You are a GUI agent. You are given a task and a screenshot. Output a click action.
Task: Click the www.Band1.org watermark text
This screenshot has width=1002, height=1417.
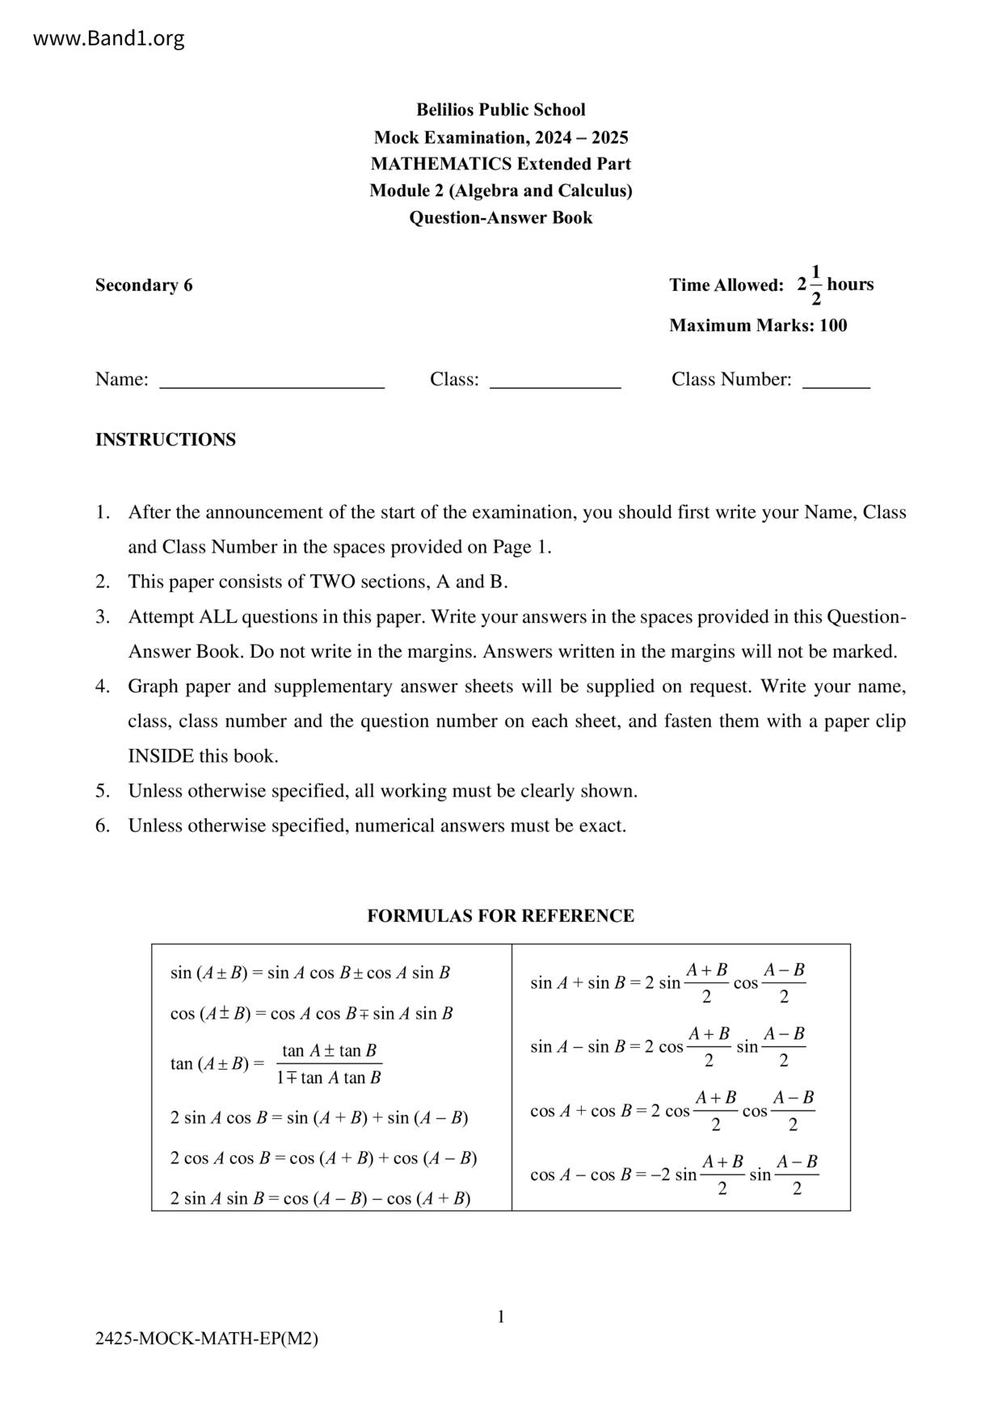coord(109,38)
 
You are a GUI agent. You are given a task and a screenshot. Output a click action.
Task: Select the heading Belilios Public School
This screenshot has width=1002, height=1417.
coord(500,110)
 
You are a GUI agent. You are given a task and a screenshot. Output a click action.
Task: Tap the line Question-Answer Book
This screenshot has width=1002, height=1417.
coord(500,217)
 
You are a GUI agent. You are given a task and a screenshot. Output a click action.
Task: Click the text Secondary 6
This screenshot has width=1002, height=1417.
coord(144,285)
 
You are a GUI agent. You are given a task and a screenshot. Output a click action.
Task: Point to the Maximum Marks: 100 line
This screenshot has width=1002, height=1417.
coord(758,326)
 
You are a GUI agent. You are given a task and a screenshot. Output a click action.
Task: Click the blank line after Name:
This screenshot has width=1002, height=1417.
coord(272,381)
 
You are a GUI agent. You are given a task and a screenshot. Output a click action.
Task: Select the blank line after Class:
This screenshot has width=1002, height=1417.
coord(555,381)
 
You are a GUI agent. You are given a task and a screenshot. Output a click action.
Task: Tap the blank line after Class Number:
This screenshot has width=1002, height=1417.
coord(836,381)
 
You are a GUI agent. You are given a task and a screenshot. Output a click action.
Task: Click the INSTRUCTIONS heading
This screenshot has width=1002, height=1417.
coord(166,439)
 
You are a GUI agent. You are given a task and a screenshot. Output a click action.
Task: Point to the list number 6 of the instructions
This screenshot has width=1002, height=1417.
coord(102,826)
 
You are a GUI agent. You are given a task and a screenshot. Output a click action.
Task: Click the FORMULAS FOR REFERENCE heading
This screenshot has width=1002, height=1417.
coord(500,916)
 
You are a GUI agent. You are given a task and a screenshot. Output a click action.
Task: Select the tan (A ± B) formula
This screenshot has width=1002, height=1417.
coord(276,1064)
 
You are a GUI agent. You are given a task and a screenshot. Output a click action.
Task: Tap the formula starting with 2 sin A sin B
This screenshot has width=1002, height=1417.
coord(320,1198)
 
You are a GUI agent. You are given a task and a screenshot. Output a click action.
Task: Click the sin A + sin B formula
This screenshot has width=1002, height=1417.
coord(667,982)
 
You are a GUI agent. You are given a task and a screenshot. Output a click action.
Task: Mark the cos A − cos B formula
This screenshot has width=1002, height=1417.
coord(674,1175)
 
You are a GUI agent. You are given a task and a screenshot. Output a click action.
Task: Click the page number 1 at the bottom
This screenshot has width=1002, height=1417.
coord(501,1317)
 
